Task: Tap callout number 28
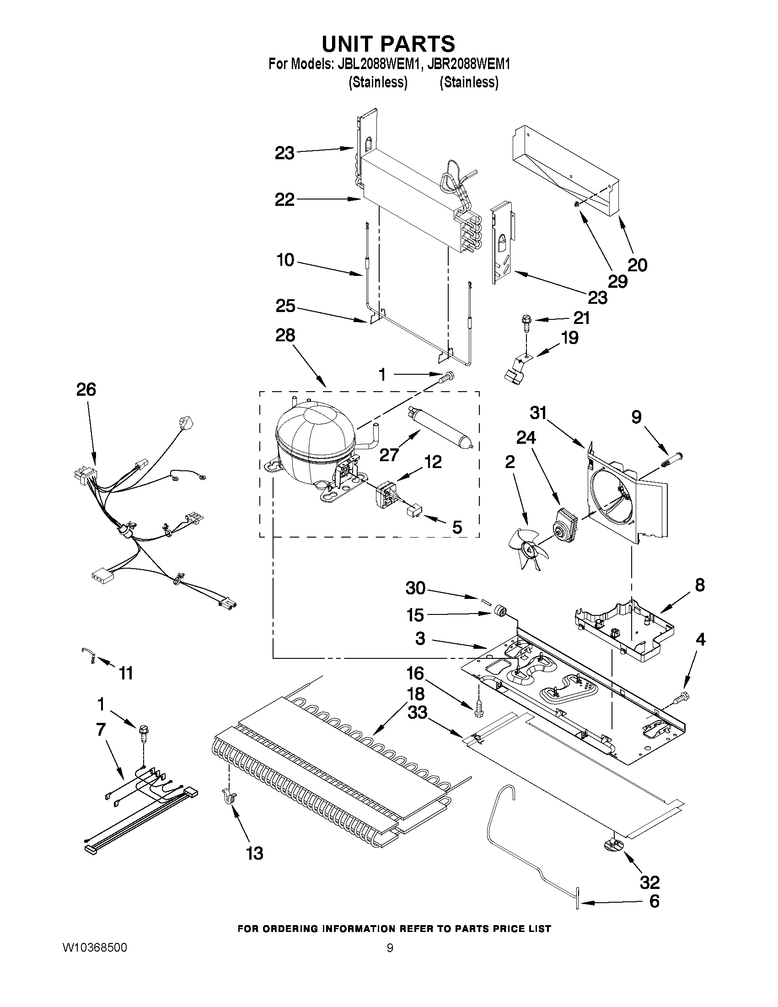click(285, 335)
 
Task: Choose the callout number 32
click(650, 882)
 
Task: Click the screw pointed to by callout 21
click(526, 322)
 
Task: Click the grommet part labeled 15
click(499, 612)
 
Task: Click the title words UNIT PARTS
click(388, 44)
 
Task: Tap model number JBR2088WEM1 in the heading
click(468, 64)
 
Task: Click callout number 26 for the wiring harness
click(86, 390)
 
